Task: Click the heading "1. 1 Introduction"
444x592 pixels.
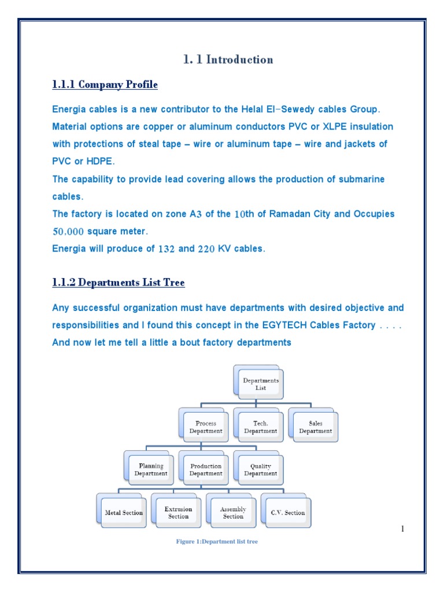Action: coord(228,60)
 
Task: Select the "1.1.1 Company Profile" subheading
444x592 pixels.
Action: coord(105,85)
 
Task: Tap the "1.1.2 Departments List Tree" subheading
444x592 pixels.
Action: coord(119,283)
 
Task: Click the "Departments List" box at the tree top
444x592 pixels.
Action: coord(261,384)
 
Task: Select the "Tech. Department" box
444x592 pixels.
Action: coord(260,427)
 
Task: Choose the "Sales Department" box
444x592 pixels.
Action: coord(316,427)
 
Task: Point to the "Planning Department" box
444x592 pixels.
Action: coord(151,469)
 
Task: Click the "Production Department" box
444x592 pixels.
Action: coord(206,469)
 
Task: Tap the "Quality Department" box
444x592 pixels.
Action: coord(260,469)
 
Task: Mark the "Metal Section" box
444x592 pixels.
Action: coord(124,512)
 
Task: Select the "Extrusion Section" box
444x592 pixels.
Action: coord(178,512)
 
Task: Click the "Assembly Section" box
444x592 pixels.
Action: coord(233,512)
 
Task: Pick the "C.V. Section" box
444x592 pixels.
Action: coord(287,512)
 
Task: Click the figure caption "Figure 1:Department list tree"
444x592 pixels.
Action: coord(217,542)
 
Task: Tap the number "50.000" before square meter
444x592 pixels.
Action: coord(68,232)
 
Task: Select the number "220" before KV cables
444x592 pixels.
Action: coord(206,249)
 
